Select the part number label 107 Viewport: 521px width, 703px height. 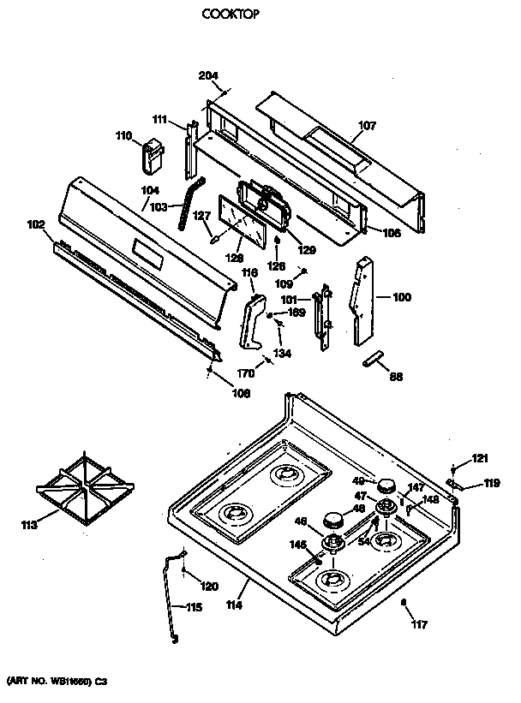[367, 126]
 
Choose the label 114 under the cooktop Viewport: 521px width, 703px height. [235, 605]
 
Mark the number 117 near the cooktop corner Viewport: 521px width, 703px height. [420, 623]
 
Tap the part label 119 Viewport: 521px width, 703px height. [491, 484]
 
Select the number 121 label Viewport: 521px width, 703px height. [479, 458]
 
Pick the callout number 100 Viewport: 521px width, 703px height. [401, 297]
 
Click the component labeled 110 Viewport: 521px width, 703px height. [155, 159]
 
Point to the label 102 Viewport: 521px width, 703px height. [36, 225]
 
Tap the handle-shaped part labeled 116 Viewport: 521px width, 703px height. [253, 322]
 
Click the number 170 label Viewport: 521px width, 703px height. [246, 373]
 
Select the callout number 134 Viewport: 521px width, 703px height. [282, 353]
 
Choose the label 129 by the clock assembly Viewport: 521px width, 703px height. [306, 250]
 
